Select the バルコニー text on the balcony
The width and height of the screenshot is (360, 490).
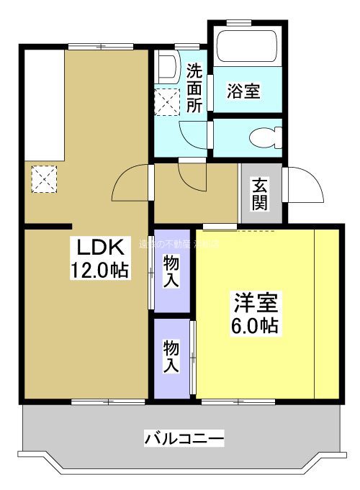pos(184,437)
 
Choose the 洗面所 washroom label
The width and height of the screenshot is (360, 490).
pos(194,88)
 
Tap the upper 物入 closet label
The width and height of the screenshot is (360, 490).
pos(171,271)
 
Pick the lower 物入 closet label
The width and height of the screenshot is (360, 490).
pos(171,357)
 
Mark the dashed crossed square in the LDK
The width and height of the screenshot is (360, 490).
pos(43,178)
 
